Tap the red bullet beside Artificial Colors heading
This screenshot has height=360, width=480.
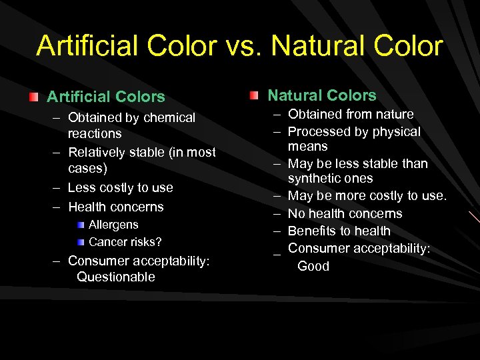(33, 97)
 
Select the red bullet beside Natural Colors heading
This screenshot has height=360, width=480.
(255, 96)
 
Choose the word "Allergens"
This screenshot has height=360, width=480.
(113, 225)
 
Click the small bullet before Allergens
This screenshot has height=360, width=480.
(80, 225)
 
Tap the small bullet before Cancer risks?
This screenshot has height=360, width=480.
(80, 241)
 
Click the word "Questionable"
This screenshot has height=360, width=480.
(116, 277)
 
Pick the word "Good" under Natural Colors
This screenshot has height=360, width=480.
(313, 266)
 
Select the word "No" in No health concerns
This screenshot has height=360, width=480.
(296, 214)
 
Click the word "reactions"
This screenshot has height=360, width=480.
(95, 134)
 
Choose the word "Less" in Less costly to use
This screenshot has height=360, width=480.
(82, 188)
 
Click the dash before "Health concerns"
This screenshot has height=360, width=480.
(57, 207)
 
